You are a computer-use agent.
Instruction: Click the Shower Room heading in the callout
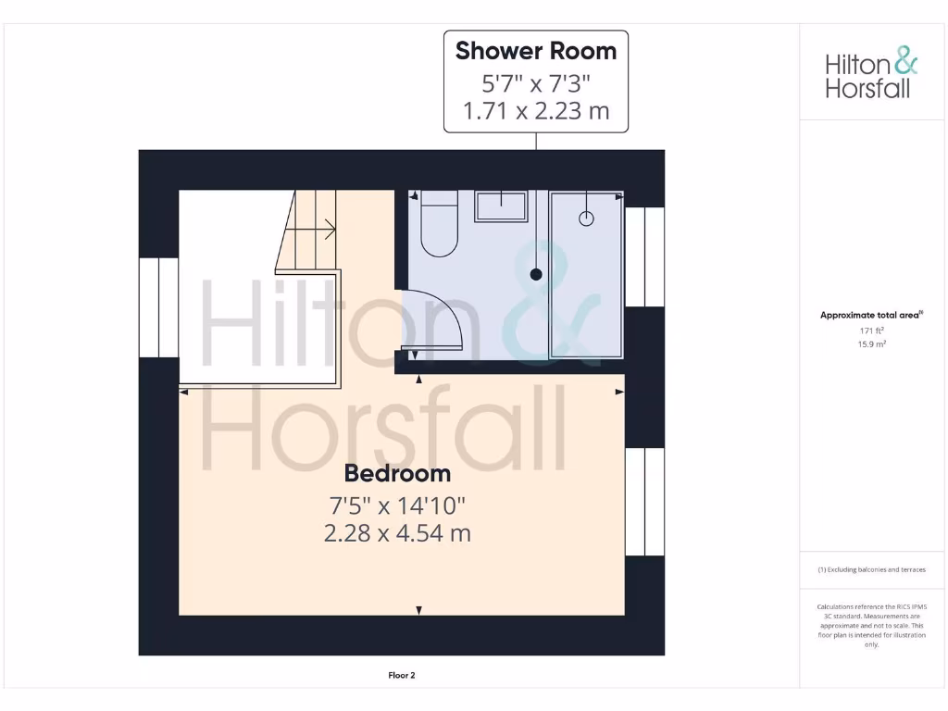(535, 51)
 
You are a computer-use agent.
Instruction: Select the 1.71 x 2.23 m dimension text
(535, 113)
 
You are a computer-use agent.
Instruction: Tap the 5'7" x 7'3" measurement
(535, 83)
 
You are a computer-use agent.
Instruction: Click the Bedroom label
(397, 473)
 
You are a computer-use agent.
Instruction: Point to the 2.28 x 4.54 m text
(397, 533)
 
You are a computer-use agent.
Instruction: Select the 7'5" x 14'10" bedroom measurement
(397, 505)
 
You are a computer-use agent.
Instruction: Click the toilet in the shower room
(439, 224)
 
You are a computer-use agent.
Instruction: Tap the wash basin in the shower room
(501, 206)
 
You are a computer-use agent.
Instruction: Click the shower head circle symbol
(586, 218)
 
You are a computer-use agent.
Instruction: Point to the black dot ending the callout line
(535, 274)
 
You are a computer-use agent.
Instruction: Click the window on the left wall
(158, 307)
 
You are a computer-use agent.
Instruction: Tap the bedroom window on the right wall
(644, 502)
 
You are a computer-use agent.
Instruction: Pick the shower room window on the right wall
(644, 256)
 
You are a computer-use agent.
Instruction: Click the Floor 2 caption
(401, 676)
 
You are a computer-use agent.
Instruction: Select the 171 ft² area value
(871, 331)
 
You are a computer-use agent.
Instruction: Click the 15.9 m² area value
(871, 344)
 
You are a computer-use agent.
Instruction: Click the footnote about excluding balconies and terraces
(871, 570)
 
